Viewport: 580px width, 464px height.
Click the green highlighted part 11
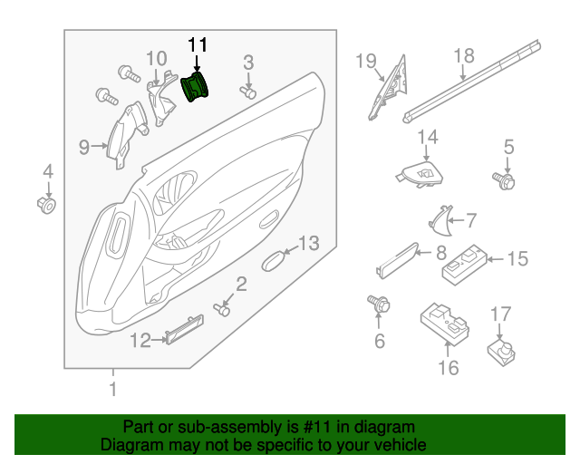click(196, 88)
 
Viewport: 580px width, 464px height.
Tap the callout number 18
click(463, 56)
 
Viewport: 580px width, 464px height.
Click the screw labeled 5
click(504, 181)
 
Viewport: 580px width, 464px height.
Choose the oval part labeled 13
click(273, 262)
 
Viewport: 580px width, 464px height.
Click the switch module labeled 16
click(445, 322)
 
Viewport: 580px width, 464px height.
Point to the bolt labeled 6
click(378, 305)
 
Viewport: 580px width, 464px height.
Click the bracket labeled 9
click(121, 136)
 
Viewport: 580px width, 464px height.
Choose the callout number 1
click(113, 391)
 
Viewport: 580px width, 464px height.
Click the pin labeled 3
click(248, 91)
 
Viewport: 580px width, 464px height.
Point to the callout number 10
click(156, 60)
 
